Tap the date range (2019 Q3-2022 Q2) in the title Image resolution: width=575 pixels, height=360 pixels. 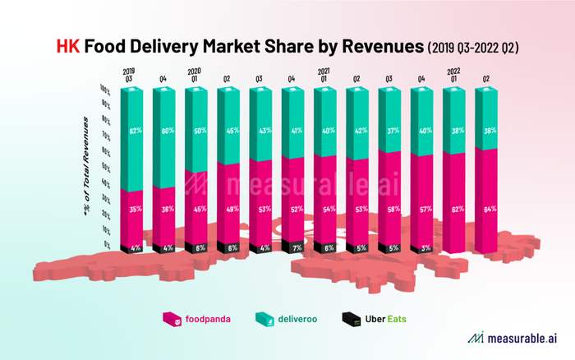tap(473, 48)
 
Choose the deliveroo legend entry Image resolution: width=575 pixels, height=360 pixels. tap(284, 318)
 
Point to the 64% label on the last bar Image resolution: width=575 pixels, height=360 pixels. tap(490, 210)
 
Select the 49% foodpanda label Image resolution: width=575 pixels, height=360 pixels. tap(232, 210)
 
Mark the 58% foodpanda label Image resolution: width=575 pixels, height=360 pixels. tap(393, 210)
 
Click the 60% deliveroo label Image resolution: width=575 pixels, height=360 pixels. tap(168, 131)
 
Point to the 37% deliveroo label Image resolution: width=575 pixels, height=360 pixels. tap(393, 131)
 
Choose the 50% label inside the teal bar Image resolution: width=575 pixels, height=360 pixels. tap(200, 131)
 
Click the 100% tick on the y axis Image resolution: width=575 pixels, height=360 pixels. tap(106, 87)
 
